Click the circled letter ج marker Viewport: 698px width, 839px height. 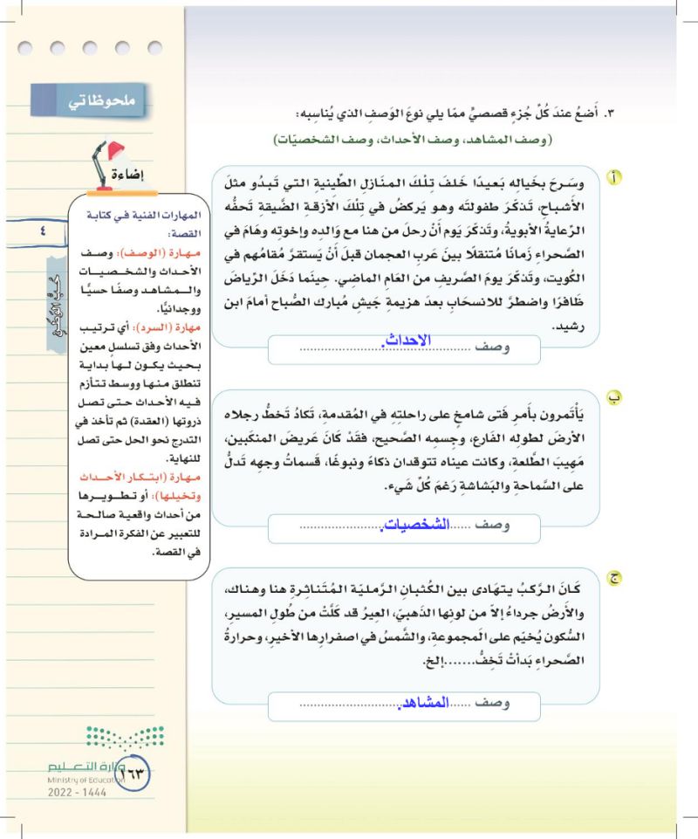point(615,576)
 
